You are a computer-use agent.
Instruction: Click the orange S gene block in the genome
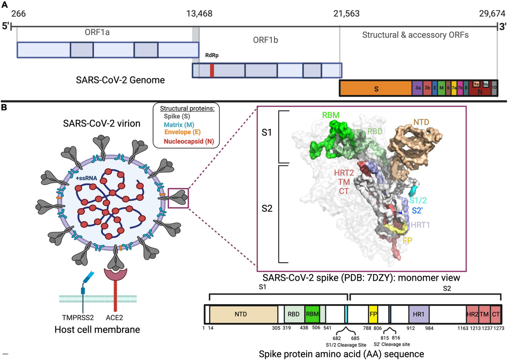pyautogui.click(x=376, y=88)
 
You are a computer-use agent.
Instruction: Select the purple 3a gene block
pyautogui.click(x=418, y=88)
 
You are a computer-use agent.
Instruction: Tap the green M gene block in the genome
pyautogui.click(x=441, y=88)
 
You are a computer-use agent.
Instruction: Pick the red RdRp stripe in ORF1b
pyautogui.click(x=212, y=71)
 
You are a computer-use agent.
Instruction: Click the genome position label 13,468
pyautogui.click(x=199, y=14)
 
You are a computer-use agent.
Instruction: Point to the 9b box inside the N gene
pyautogui.click(x=486, y=84)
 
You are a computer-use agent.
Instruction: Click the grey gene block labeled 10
pyautogui.click(x=494, y=88)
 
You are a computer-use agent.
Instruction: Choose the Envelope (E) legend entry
pyautogui.click(x=182, y=132)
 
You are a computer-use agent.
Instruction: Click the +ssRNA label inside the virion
pyautogui.click(x=86, y=178)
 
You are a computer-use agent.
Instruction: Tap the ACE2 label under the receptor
pyautogui.click(x=114, y=318)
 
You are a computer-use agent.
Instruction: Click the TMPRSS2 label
pyautogui.click(x=78, y=318)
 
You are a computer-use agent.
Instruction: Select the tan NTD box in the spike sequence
pyautogui.click(x=243, y=314)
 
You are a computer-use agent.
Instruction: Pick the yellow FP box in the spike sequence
pyautogui.click(x=373, y=314)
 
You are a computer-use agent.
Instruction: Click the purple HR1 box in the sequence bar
pyautogui.click(x=419, y=314)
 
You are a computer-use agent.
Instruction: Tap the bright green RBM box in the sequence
pyautogui.click(x=312, y=314)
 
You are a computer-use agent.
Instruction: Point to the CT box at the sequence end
pyautogui.click(x=496, y=314)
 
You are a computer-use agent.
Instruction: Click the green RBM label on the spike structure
pyautogui.click(x=331, y=115)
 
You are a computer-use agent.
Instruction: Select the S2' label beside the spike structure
pyautogui.click(x=417, y=211)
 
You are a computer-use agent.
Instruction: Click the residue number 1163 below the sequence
pyautogui.click(x=463, y=328)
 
